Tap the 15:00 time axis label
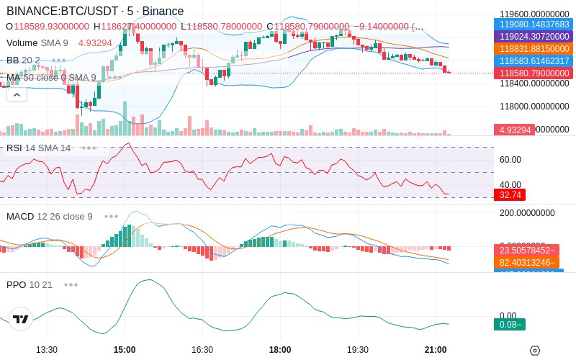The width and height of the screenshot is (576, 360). [x=125, y=349]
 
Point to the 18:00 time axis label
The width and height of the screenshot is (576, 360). [x=280, y=349]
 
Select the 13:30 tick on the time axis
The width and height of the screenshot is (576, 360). [x=47, y=349]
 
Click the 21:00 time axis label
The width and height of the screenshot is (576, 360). [x=436, y=349]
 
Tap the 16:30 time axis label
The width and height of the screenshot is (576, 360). [x=202, y=349]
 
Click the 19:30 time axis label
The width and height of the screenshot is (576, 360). [x=358, y=349]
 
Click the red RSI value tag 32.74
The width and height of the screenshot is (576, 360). [x=510, y=194]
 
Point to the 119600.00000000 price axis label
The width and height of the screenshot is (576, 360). [x=534, y=14]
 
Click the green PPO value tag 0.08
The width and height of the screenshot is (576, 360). [x=510, y=324]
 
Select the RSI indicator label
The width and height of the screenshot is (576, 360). [x=14, y=148]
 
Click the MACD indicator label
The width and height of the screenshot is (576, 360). [x=20, y=216]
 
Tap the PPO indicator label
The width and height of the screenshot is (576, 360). [x=16, y=284]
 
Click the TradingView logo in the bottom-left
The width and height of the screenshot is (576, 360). [x=21, y=319]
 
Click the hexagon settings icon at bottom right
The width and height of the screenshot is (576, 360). [x=534, y=350]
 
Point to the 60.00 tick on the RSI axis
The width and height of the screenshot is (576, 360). [x=510, y=159]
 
